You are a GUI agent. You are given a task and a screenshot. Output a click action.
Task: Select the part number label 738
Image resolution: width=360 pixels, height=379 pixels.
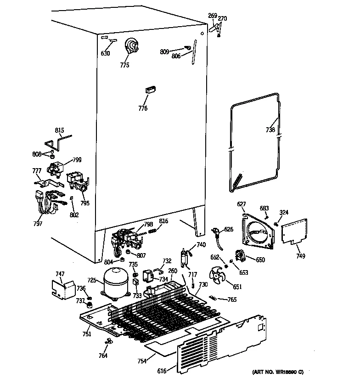pos(270,130)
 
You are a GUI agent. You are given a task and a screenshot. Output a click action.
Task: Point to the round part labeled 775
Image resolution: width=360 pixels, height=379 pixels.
pos(132,46)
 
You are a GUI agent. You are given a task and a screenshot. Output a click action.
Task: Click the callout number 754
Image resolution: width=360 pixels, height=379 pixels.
pos(142,361)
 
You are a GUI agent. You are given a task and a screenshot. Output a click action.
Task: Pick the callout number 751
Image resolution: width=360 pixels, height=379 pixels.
pos(87,334)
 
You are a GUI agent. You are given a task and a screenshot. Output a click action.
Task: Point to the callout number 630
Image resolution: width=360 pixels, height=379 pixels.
pos(105,53)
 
